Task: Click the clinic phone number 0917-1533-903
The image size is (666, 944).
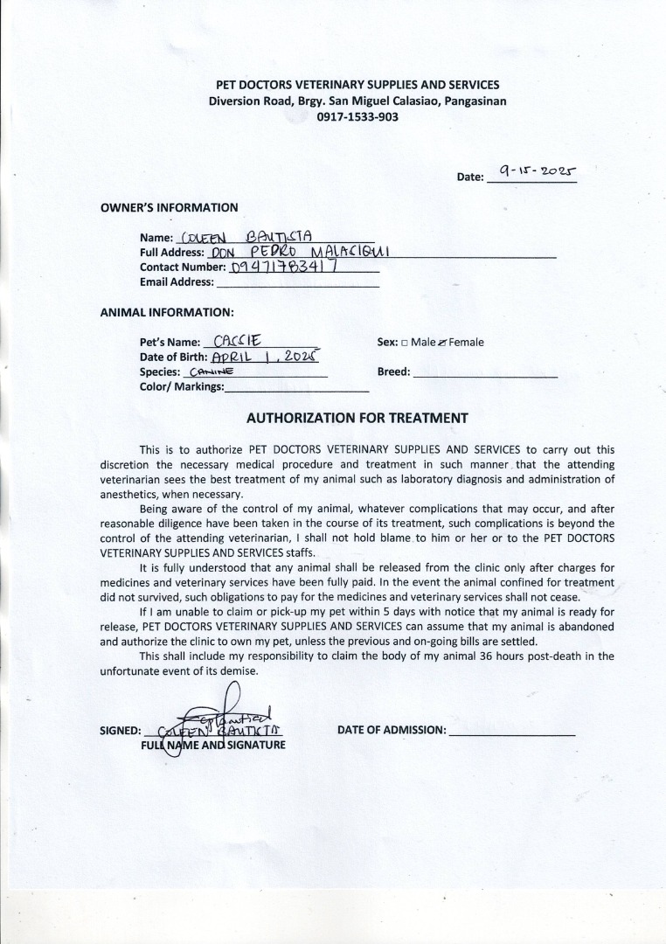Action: (x=357, y=116)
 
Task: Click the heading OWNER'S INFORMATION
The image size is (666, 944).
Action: (x=169, y=208)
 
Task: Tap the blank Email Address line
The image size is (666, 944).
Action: (x=297, y=282)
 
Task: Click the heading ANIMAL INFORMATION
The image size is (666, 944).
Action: (x=167, y=311)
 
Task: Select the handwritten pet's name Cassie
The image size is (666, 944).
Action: (x=228, y=342)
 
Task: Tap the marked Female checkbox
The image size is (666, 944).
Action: (x=442, y=343)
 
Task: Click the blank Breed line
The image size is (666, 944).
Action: (x=484, y=372)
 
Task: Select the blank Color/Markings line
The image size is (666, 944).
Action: (x=296, y=386)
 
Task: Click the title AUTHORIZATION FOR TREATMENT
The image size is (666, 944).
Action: (x=357, y=419)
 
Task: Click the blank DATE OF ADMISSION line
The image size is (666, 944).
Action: (x=511, y=731)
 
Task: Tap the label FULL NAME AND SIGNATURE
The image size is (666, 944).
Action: (x=213, y=745)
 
